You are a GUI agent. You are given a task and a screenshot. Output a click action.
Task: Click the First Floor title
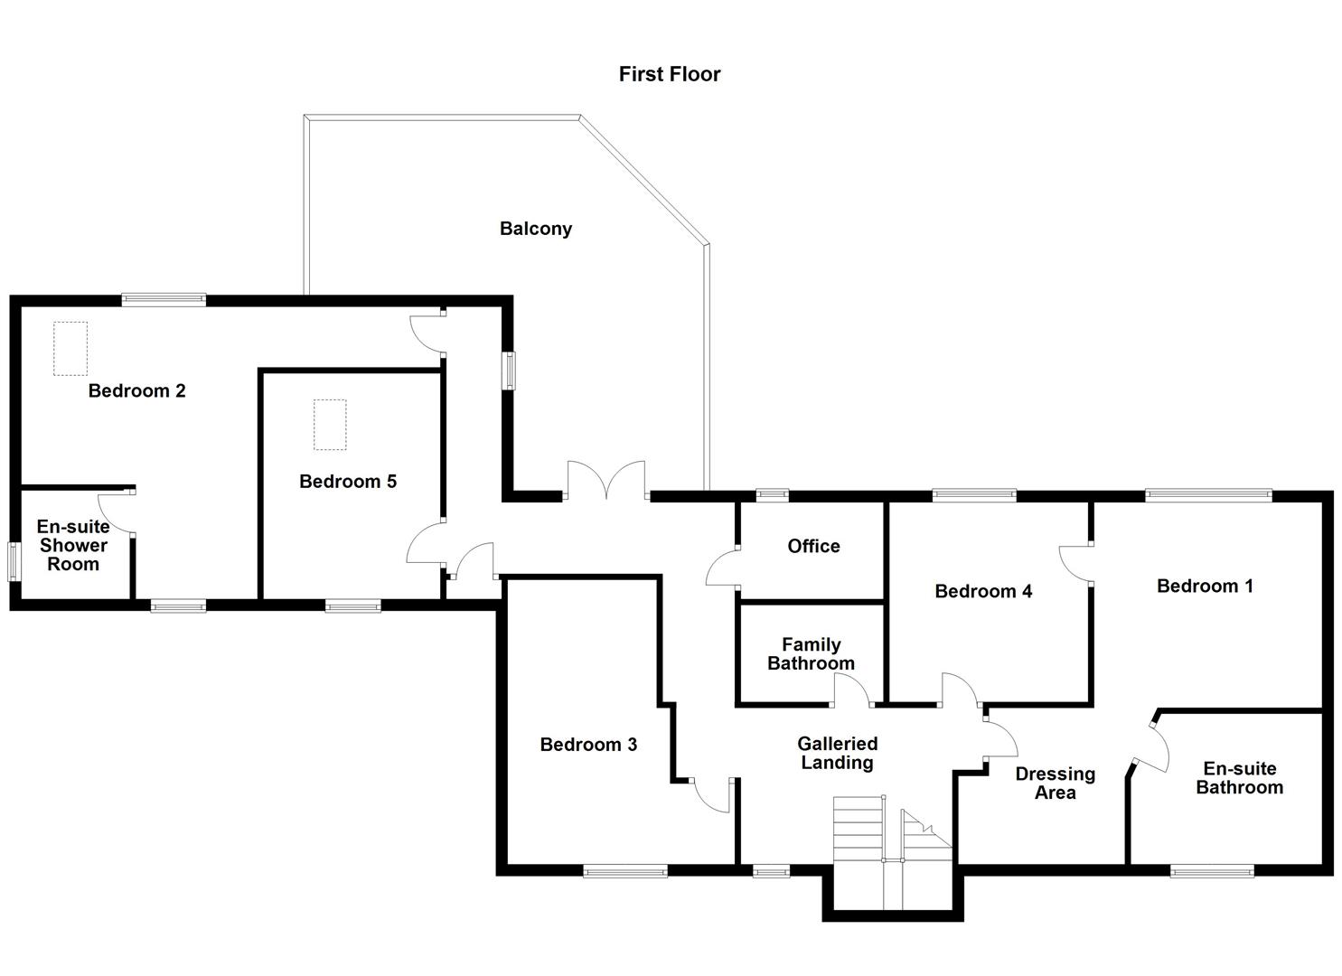(670, 74)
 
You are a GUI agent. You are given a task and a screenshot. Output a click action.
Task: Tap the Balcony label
(536, 229)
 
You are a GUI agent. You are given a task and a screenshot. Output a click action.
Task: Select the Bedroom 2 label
(136, 390)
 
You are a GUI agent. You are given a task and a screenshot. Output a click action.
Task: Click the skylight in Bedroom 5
(330, 425)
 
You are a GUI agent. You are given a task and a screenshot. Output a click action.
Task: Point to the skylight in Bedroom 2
(70, 348)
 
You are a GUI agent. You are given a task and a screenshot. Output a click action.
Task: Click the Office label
(813, 546)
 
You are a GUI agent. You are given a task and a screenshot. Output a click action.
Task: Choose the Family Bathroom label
(811, 653)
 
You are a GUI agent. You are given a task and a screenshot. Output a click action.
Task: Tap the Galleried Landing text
(837, 753)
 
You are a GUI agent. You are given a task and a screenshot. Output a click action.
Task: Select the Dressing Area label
(1055, 783)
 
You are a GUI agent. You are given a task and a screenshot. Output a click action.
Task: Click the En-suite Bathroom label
(1239, 777)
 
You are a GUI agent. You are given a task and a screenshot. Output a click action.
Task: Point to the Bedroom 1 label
(1205, 586)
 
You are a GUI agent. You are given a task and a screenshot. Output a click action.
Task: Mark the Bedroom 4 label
(983, 591)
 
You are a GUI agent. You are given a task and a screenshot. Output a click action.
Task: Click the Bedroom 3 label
(588, 745)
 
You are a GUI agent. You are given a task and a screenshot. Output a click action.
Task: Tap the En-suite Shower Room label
(73, 545)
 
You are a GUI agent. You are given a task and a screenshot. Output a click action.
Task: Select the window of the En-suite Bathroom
(1212, 871)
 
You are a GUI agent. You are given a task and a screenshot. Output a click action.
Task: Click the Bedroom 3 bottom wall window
(625, 871)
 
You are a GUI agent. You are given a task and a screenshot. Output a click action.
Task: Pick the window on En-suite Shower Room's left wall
(14, 561)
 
